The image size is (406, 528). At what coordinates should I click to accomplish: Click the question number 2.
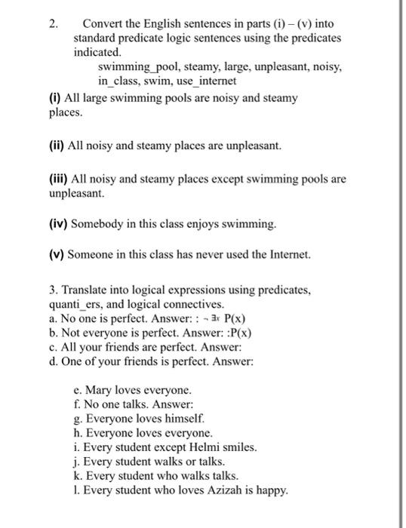click(x=53, y=23)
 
